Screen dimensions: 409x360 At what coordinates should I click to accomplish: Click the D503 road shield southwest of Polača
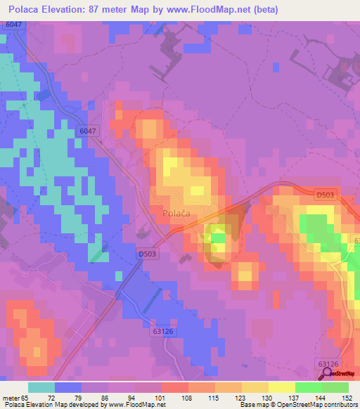click(x=147, y=254)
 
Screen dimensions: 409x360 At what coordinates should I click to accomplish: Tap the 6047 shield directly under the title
click(x=13, y=25)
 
